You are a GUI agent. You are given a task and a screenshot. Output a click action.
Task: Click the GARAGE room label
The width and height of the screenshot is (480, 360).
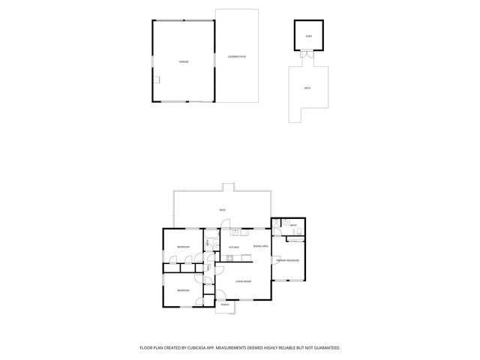coord(183,61)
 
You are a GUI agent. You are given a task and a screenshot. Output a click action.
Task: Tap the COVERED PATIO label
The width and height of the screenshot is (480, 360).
coord(237,56)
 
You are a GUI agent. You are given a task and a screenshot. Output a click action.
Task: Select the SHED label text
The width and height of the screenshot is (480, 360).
coord(308,36)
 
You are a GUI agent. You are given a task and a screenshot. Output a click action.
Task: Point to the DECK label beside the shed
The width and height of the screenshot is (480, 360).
coord(307,88)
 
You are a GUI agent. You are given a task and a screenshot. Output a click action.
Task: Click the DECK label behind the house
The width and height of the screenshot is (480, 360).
coord(222,210)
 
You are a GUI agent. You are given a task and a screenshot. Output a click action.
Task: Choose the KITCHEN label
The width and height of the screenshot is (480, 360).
coord(233,247)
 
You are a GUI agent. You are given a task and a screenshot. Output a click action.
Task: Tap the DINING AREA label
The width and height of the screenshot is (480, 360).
coord(260,246)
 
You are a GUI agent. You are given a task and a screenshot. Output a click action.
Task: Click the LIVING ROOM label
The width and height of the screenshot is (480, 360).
coord(242,281)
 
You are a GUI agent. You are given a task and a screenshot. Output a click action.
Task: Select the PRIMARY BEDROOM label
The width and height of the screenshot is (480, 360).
coord(286,260)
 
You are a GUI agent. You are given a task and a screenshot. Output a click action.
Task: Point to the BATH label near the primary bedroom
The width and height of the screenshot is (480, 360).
coord(294,225)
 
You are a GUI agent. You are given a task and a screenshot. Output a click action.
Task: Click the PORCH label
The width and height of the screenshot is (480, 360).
coord(225,305)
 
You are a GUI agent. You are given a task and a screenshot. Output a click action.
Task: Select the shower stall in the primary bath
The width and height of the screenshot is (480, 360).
coord(277,223)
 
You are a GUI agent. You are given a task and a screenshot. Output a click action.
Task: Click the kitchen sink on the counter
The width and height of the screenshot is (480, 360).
coord(234,231)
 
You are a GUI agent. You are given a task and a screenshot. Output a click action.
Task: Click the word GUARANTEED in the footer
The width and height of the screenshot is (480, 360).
coord(323,347)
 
